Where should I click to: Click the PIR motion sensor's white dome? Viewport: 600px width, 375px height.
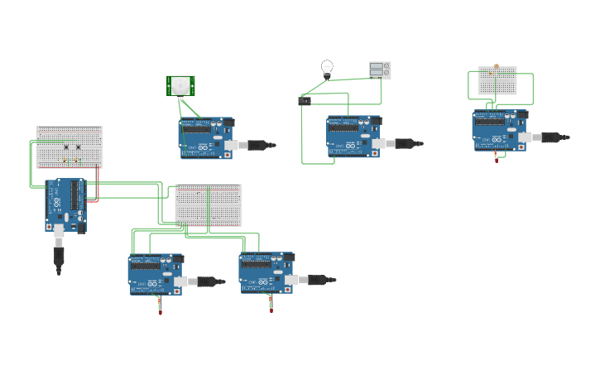[180, 84]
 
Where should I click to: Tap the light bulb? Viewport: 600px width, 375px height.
[327, 67]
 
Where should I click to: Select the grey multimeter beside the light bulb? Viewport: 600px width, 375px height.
[379, 70]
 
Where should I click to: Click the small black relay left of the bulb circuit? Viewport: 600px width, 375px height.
[305, 101]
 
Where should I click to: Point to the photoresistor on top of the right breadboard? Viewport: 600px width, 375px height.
[496, 66]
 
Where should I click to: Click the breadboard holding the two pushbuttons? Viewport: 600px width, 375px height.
[69, 147]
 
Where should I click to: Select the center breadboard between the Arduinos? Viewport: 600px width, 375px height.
[208, 204]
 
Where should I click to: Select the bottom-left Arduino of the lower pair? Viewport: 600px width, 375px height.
[155, 274]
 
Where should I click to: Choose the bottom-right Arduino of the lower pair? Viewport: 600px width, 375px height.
[266, 273]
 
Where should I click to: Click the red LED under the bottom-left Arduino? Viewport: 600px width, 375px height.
[161, 311]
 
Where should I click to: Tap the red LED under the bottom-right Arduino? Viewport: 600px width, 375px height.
[271, 310]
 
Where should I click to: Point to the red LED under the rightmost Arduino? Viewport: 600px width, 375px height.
[497, 159]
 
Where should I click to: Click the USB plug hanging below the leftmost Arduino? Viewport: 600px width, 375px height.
[59, 257]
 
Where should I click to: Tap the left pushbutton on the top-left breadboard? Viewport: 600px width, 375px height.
[65, 148]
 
